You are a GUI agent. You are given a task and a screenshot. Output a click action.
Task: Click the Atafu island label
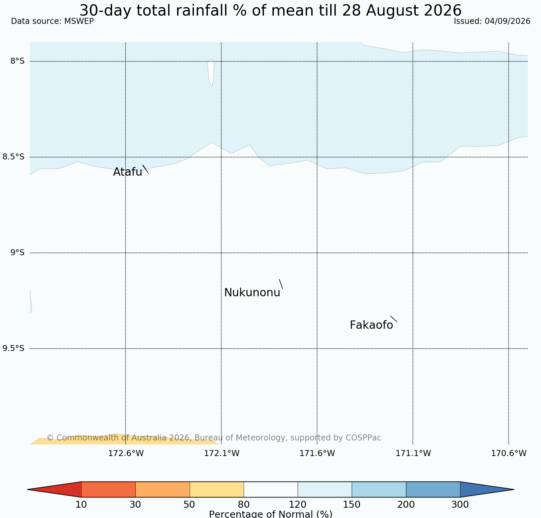[x=128, y=172]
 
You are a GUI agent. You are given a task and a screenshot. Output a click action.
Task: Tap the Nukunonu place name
[x=252, y=293]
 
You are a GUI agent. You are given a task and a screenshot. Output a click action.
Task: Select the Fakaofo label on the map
[x=371, y=325]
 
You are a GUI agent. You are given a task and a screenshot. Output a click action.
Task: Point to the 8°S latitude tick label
[x=18, y=61]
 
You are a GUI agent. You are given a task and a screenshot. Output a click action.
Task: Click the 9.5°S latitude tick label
[x=14, y=348]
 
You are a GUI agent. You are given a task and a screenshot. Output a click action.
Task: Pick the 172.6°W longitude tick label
[x=126, y=453]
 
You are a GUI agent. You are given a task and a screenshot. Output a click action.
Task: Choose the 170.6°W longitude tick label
[x=509, y=453]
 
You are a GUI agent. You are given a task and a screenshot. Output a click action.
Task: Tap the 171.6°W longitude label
[x=317, y=453]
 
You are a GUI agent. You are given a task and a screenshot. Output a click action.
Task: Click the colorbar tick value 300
[x=460, y=505]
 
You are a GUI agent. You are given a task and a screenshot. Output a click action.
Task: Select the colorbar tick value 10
[x=81, y=505]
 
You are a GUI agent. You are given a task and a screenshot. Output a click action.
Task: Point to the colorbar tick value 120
[x=298, y=505]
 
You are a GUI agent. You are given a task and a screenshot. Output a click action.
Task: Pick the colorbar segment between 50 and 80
[x=217, y=489]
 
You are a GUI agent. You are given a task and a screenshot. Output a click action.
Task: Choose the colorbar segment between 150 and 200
[x=379, y=489]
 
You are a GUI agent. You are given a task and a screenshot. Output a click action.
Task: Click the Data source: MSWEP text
[x=52, y=21]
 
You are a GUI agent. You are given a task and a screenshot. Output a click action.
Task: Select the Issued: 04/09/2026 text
[x=492, y=21]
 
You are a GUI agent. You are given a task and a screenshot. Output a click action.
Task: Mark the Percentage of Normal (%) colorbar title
[x=270, y=514]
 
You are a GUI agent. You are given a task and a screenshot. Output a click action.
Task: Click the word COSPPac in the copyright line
[x=363, y=438]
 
